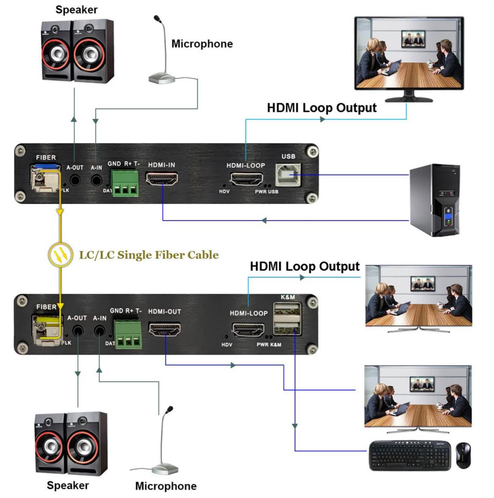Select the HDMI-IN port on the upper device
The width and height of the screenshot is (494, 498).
coord(162,178)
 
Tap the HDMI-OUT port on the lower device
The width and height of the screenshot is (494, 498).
coord(165,329)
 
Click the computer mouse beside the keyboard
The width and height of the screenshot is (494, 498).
coord(463,455)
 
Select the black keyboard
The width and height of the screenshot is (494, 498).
coord(410,455)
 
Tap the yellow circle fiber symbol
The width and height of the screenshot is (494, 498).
coord(60,255)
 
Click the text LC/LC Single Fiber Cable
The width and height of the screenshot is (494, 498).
coord(149,255)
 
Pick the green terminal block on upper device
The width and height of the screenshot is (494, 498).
coord(125,183)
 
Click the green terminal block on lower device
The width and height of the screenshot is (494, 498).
coord(128,334)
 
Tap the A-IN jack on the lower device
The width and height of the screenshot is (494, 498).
coord(99,330)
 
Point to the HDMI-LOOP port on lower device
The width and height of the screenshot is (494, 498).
coord(248,330)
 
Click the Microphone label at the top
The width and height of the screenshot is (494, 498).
coord(202,44)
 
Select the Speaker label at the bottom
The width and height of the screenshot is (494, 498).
coord(68,485)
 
